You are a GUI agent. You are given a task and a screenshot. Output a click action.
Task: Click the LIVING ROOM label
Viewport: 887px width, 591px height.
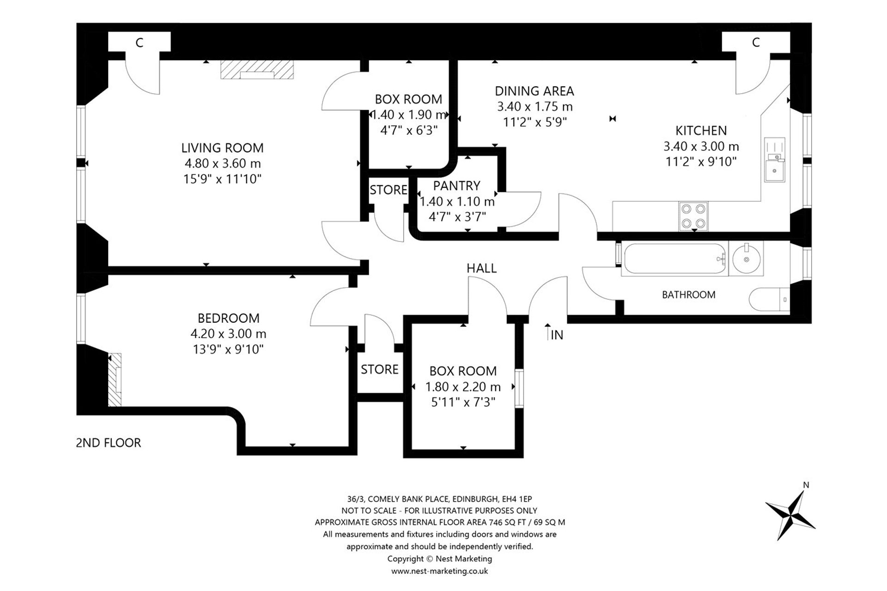(x=222, y=148)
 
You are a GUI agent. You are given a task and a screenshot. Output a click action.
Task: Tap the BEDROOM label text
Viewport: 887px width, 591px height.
(x=228, y=318)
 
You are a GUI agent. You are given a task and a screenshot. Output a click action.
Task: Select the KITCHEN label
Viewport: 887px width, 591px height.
(x=701, y=131)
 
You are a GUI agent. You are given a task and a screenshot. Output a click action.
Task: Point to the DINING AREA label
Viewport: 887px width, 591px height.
(x=535, y=91)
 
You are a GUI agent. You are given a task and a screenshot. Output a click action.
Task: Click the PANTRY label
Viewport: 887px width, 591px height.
(x=456, y=186)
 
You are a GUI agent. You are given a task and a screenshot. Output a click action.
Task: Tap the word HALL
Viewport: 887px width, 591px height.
(x=481, y=268)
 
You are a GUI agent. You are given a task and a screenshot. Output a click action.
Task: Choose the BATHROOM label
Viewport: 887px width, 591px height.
(x=688, y=295)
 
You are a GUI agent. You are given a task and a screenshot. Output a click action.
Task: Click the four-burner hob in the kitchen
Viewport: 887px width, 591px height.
(x=693, y=216)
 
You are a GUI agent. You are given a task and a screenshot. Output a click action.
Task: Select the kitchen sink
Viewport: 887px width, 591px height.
(x=774, y=159)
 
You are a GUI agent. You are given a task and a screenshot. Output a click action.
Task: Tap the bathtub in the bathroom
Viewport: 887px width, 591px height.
(x=674, y=259)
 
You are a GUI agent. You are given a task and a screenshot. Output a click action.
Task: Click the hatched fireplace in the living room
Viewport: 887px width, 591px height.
(x=257, y=70)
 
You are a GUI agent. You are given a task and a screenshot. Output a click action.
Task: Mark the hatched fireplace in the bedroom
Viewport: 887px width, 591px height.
(x=115, y=380)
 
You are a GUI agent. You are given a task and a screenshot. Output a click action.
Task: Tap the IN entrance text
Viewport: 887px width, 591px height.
(x=557, y=335)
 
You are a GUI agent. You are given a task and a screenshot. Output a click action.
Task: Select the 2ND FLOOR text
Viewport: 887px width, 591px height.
(x=108, y=443)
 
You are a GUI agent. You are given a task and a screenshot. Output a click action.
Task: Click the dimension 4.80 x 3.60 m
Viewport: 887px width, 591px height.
(x=223, y=163)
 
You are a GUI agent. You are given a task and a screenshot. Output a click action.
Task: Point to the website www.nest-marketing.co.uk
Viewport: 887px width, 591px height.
(x=439, y=571)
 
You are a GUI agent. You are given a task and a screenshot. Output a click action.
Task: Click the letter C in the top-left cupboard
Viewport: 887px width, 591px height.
(x=139, y=43)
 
